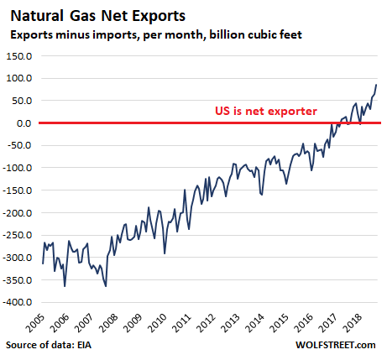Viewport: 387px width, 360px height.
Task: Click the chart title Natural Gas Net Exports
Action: tap(98, 16)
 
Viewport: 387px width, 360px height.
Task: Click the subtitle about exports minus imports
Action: tap(156, 35)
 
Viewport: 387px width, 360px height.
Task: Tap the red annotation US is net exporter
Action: tap(266, 111)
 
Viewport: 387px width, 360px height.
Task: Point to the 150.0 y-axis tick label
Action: tap(19, 56)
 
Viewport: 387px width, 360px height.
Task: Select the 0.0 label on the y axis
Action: tap(24, 123)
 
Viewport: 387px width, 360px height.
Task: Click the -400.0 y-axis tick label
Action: tap(18, 302)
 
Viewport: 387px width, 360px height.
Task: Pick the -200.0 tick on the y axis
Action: tap(18, 212)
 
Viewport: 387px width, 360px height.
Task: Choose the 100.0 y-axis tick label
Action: tap(19, 78)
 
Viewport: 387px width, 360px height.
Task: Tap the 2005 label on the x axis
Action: tap(35, 323)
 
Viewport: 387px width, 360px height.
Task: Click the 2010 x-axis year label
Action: tap(157, 323)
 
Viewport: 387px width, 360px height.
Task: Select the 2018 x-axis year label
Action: tap(353, 323)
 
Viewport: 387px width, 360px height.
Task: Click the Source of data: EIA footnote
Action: tap(49, 345)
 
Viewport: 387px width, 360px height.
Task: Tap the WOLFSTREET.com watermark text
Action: tap(336, 345)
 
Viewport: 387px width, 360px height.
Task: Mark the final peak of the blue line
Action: tap(376, 85)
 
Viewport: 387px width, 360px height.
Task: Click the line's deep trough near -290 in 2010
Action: tap(165, 253)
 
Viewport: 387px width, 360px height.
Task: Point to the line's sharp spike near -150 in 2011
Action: tap(185, 190)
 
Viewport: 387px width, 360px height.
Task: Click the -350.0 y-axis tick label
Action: tap(18, 279)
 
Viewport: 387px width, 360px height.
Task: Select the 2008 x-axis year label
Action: tap(108, 323)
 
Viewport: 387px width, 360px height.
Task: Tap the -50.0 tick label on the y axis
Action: tap(19, 145)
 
